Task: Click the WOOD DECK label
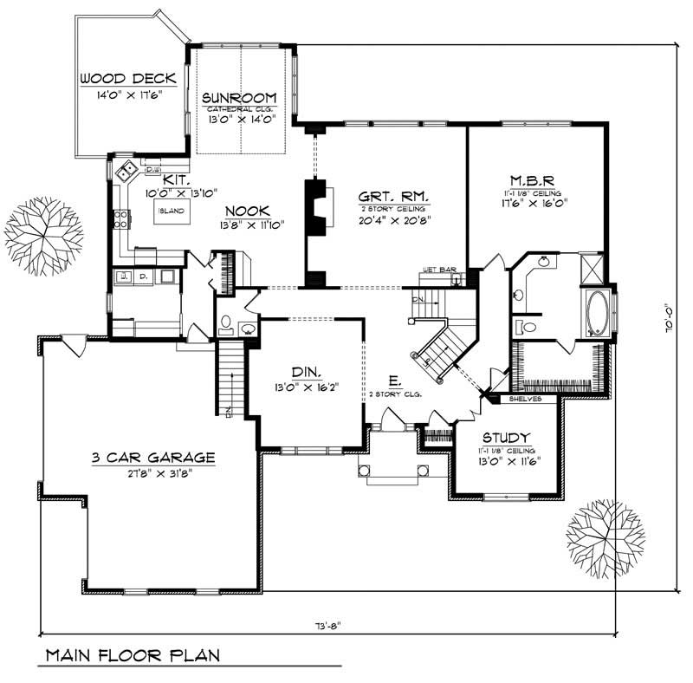click(128, 79)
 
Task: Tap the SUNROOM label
click(239, 97)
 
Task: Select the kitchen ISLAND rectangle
click(172, 211)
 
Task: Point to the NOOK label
click(248, 211)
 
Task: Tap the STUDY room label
click(507, 438)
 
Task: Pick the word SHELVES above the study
click(525, 400)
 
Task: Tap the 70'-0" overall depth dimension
click(666, 320)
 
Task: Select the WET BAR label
click(439, 270)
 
